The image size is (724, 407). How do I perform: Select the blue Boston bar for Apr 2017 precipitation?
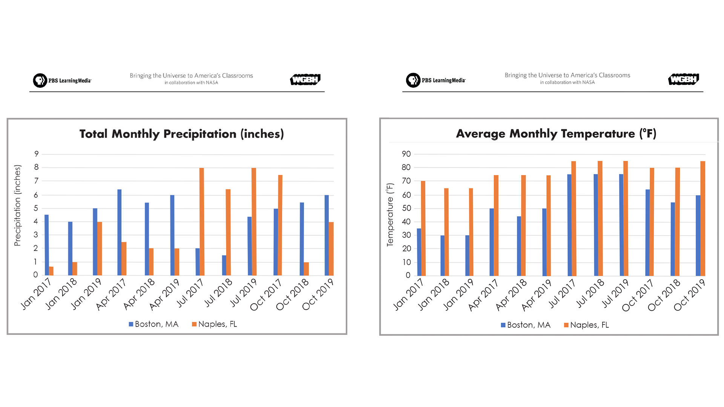coord(120,232)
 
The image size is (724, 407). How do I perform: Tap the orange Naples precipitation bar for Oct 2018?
coord(306,269)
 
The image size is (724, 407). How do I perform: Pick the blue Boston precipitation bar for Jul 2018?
coord(224,265)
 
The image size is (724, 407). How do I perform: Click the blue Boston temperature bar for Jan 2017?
coord(419,252)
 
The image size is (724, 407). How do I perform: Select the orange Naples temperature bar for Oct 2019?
coord(703,219)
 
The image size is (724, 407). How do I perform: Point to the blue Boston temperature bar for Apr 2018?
coord(519,246)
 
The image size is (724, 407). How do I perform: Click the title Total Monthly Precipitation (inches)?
coord(181,134)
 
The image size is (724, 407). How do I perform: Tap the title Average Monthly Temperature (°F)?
coord(556,133)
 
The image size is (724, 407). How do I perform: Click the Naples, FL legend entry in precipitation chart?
coord(214,324)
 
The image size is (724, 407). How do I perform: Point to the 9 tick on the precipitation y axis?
coord(36,154)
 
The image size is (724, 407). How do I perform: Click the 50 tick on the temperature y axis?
coord(406,208)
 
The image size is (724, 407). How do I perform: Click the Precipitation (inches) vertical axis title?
coord(17,205)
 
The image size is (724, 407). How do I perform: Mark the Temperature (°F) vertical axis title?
coord(390,215)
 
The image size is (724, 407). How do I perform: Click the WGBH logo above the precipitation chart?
coord(305,80)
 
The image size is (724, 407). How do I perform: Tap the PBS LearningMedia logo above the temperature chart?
coord(436,80)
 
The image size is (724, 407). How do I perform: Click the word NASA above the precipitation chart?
coord(212,83)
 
